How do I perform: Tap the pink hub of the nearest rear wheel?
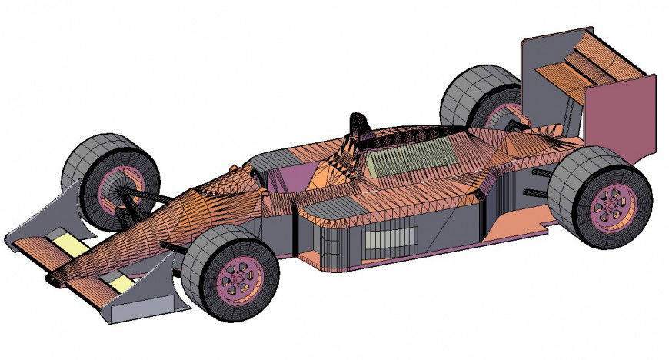pos(614,205)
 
